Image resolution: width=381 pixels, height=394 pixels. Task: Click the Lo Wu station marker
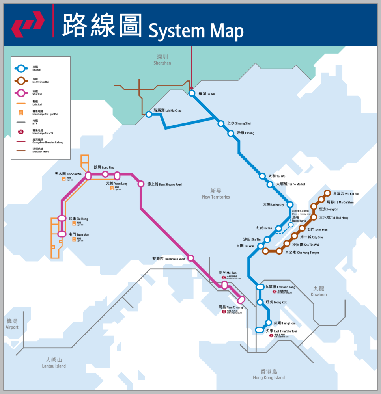192,93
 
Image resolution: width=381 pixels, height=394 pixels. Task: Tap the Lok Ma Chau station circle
149,114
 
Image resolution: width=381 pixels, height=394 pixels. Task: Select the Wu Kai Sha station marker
327,193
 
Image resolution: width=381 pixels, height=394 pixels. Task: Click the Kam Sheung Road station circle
141,184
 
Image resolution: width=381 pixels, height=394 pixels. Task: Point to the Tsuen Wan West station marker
191,258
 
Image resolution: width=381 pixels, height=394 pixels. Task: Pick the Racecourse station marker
291,225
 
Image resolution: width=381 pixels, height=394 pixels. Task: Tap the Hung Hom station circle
269,323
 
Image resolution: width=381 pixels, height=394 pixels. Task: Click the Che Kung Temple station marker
279,251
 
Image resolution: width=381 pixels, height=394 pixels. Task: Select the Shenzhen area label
162,59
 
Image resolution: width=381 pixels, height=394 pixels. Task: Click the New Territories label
215,193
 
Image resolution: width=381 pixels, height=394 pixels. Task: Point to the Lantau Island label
54,362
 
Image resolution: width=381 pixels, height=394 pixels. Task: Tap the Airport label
12,324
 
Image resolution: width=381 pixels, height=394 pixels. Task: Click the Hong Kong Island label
269,374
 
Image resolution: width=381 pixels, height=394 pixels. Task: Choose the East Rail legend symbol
21,68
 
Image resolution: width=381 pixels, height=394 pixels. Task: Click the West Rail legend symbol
21,93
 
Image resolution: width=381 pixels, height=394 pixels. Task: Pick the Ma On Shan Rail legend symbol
21,81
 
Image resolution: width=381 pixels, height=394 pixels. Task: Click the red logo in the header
28,26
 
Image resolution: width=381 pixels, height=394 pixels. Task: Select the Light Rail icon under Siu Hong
74,223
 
